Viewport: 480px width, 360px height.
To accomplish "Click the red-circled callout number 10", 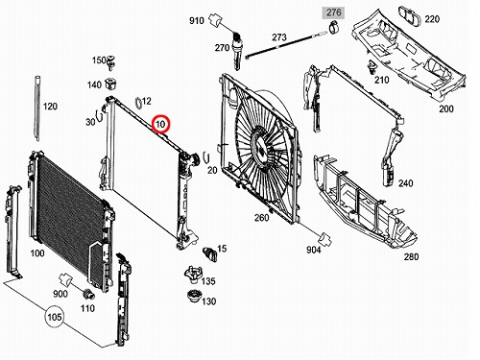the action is click(x=160, y=124).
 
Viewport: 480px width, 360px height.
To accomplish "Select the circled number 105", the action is click(x=55, y=317).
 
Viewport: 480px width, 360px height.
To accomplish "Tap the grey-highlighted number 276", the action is click(x=333, y=12).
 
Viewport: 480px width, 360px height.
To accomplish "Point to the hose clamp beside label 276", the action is click(x=334, y=28).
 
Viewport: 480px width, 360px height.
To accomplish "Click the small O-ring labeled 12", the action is click(x=138, y=102).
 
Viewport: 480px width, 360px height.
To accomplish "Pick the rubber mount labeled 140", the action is click(x=110, y=84).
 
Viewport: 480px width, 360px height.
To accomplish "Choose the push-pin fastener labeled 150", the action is click(x=111, y=62).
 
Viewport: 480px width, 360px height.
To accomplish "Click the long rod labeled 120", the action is click(x=37, y=108).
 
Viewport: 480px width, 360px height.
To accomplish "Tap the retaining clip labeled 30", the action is click(x=99, y=116).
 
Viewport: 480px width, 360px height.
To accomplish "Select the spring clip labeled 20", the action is click(x=206, y=157).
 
